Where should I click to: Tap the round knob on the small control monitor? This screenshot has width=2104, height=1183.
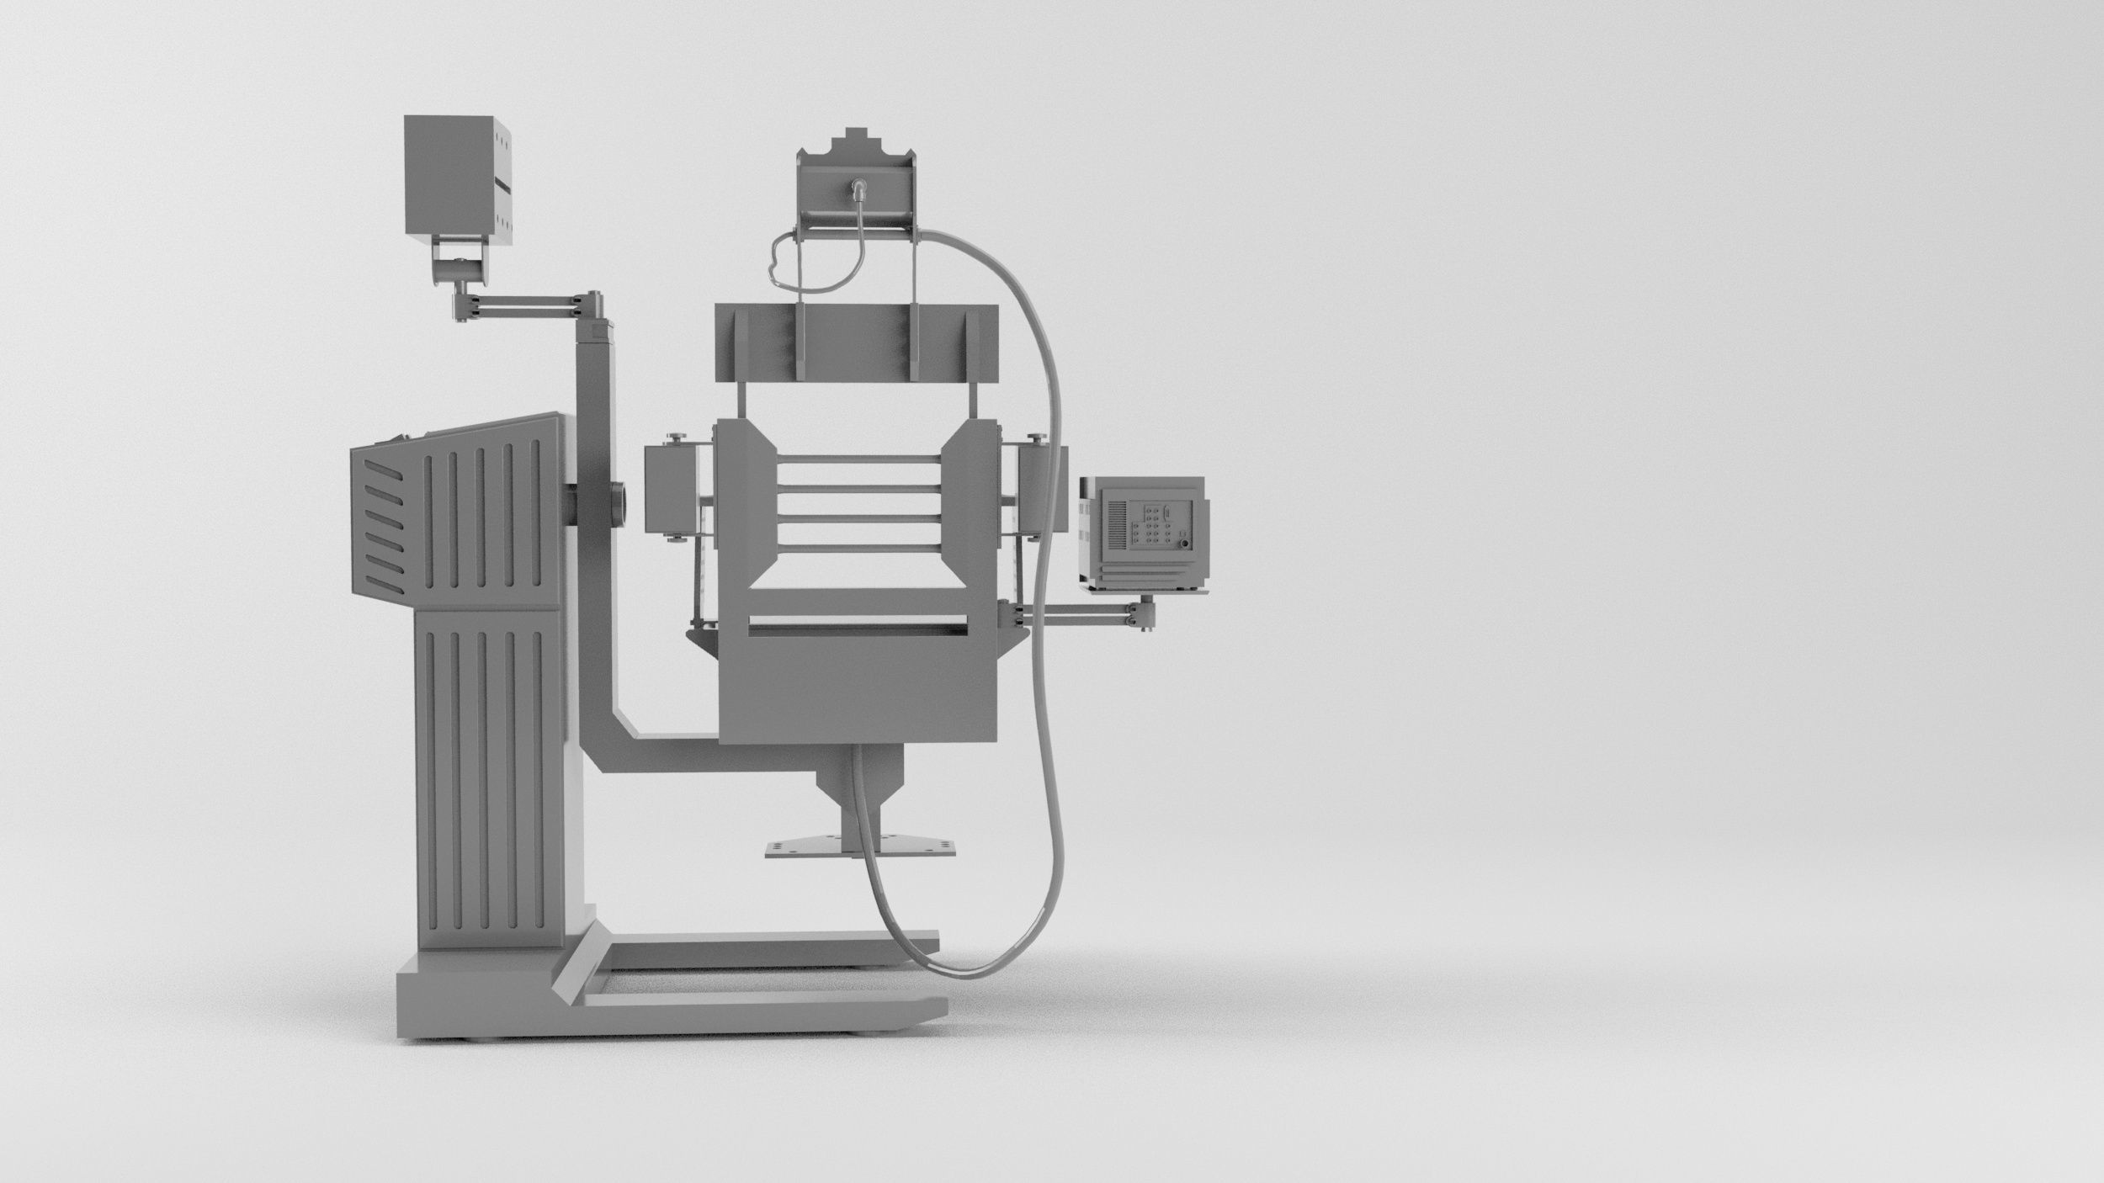coord(1186,544)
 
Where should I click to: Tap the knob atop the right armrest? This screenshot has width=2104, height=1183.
coord(1035,436)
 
